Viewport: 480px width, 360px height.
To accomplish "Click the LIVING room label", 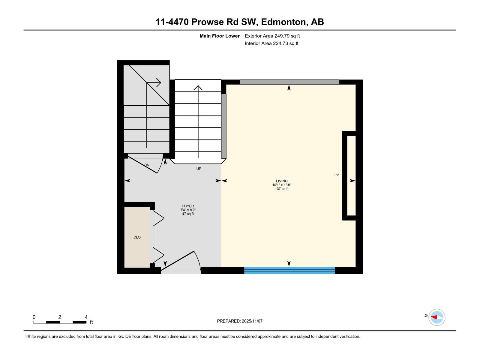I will tap(282, 181).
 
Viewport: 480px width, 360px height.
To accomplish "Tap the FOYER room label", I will tap(188, 206).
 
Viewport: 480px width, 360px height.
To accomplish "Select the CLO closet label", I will tap(137, 237).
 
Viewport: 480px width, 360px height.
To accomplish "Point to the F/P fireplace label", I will tap(336, 175).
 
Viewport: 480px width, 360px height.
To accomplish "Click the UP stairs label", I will tap(199, 169).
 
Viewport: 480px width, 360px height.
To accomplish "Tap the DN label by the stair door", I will tap(147, 165).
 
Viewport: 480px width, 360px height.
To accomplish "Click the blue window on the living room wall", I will tap(289, 270).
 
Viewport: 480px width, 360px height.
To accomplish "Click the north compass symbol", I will tap(436, 317).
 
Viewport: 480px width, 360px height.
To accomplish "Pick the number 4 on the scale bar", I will tap(86, 317).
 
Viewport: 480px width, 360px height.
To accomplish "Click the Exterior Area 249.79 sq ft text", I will tap(272, 36).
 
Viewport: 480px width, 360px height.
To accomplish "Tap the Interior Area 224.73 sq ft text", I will tap(271, 43).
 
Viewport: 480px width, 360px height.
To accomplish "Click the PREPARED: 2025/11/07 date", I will tap(240, 321).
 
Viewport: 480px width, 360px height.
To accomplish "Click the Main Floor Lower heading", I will tap(220, 36).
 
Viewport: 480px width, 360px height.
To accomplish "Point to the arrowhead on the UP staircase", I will tap(198, 88).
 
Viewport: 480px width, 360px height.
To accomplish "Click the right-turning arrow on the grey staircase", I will tap(158, 82).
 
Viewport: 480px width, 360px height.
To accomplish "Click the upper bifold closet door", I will tap(158, 218).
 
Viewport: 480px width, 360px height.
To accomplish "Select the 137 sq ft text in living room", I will tap(282, 189).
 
